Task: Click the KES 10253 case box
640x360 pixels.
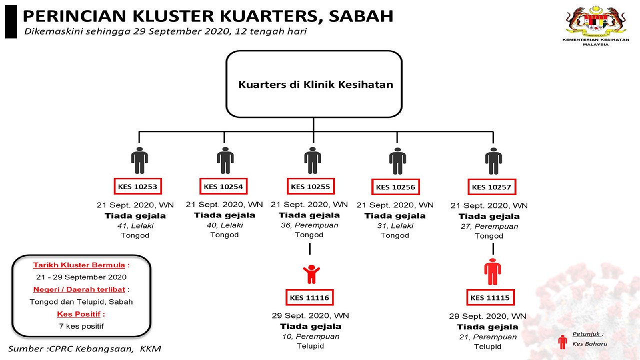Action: point(137,187)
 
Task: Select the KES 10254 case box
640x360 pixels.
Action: point(223,187)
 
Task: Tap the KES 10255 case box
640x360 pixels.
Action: point(310,187)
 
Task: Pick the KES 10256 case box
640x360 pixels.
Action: point(396,187)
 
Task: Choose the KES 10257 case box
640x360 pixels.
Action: point(492,187)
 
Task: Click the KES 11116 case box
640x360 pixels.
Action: point(309,298)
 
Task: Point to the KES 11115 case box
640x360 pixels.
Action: point(490,298)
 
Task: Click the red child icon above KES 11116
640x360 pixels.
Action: point(311,274)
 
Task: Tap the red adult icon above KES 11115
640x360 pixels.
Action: point(492,272)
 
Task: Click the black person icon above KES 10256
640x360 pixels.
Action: point(397,161)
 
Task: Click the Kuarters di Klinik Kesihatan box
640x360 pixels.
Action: point(314,84)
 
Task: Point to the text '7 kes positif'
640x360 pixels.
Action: point(81,326)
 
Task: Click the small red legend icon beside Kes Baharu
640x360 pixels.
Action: point(563,341)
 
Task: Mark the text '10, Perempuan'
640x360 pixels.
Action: point(310,336)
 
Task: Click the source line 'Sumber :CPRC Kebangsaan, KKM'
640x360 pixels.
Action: point(84,348)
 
